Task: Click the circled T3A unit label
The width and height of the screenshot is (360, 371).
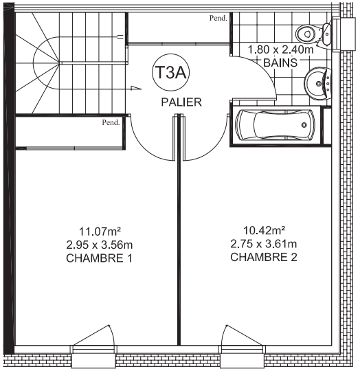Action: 170,73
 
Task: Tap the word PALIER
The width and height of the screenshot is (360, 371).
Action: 181,102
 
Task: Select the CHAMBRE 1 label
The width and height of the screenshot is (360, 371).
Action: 99,258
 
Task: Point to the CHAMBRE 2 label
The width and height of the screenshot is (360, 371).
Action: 264,257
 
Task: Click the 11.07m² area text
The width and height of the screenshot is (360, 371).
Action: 100,231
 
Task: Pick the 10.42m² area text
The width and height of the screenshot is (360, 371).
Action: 264,230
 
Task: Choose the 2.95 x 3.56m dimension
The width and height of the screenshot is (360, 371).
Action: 100,245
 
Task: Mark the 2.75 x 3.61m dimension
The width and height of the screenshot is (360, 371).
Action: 264,244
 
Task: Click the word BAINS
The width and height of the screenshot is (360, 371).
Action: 280,63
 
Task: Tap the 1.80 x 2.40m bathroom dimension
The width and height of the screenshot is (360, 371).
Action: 280,49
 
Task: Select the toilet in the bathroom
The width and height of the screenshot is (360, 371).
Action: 313,34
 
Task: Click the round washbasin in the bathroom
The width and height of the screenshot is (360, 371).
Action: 318,83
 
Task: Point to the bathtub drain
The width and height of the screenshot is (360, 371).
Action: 304,124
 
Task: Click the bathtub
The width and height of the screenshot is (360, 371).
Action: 276,124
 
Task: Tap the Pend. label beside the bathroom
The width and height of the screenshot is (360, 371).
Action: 218,18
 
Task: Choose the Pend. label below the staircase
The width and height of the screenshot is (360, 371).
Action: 111,122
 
